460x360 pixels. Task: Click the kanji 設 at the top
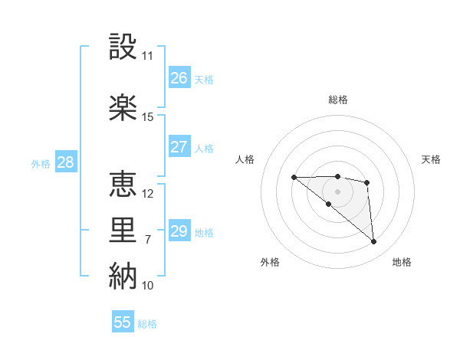[123, 47]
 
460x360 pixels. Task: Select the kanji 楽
[123, 107]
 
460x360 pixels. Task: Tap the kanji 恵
[123, 184]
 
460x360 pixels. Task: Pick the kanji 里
[123, 231]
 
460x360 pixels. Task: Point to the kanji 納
[123, 277]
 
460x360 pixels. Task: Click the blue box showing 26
[179, 78]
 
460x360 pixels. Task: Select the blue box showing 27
[179, 147]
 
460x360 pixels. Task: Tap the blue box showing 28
[65, 162]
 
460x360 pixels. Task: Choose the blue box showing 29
[179, 231]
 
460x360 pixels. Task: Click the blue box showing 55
[123, 322]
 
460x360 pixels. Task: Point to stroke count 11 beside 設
[148, 56]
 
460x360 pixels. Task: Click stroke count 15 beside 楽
[148, 117]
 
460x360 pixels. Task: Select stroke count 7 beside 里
[148, 240]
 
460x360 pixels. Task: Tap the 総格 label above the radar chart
[338, 100]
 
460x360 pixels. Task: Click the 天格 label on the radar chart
[431, 159]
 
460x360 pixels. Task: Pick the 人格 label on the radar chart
[245, 159]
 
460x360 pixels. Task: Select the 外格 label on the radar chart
[270, 262]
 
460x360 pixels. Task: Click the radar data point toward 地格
[374, 242]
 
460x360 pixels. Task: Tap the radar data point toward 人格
[294, 177]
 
